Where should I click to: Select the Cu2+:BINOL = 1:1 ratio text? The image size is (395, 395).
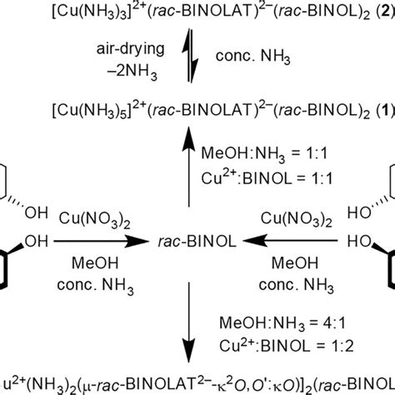pos(255,176)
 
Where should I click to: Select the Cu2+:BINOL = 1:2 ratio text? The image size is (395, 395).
pos(255,321)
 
